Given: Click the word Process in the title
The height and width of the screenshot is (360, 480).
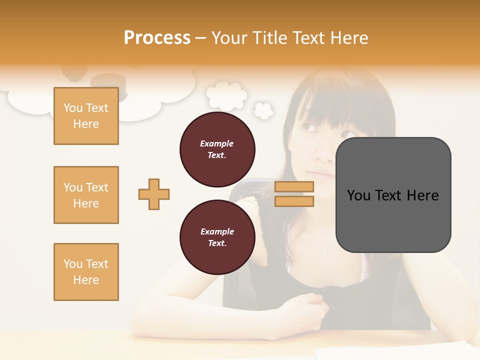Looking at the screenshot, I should [x=157, y=38].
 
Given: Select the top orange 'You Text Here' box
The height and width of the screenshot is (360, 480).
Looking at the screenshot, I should [x=86, y=116].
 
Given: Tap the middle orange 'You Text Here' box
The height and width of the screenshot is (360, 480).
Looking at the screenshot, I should [x=86, y=195].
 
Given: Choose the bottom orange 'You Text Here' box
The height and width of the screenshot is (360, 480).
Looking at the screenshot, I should [x=86, y=272].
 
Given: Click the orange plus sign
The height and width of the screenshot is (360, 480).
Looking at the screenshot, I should [x=154, y=194].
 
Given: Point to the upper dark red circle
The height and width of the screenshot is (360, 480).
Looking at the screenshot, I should [x=217, y=149].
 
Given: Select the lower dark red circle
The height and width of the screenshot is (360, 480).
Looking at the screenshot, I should [x=217, y=237].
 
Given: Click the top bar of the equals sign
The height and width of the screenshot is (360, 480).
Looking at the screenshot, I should [x=294, y=186].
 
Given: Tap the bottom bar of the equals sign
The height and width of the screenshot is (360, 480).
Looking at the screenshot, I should [x=294, y=201].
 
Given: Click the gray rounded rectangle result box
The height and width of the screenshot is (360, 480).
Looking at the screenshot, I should [x=393, y=195].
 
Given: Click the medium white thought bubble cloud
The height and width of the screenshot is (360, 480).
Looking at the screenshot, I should [x=227, y=96].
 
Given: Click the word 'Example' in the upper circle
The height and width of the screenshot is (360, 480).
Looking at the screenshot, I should [x=216, y=143].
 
